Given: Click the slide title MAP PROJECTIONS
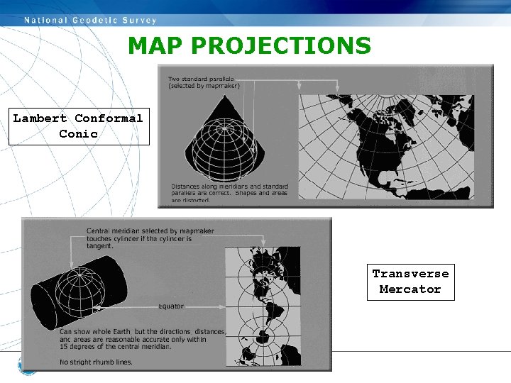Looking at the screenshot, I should [x=249, y=46].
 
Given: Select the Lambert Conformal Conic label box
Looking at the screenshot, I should [x=79, y=126].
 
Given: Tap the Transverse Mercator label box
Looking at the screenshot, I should [x=410, y=282].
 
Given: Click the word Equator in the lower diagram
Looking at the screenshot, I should [x=170, y=306].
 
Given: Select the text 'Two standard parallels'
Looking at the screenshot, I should [x=202, y=78].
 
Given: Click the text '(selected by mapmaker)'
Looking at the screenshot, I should [x=204, y=86].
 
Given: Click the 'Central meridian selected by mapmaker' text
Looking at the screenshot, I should [x=141, y=231].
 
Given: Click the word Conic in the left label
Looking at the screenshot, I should [x=79, y=134].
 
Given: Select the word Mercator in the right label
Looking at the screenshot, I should [x=410, y=289].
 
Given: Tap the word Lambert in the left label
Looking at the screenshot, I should [x=40, y=118].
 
